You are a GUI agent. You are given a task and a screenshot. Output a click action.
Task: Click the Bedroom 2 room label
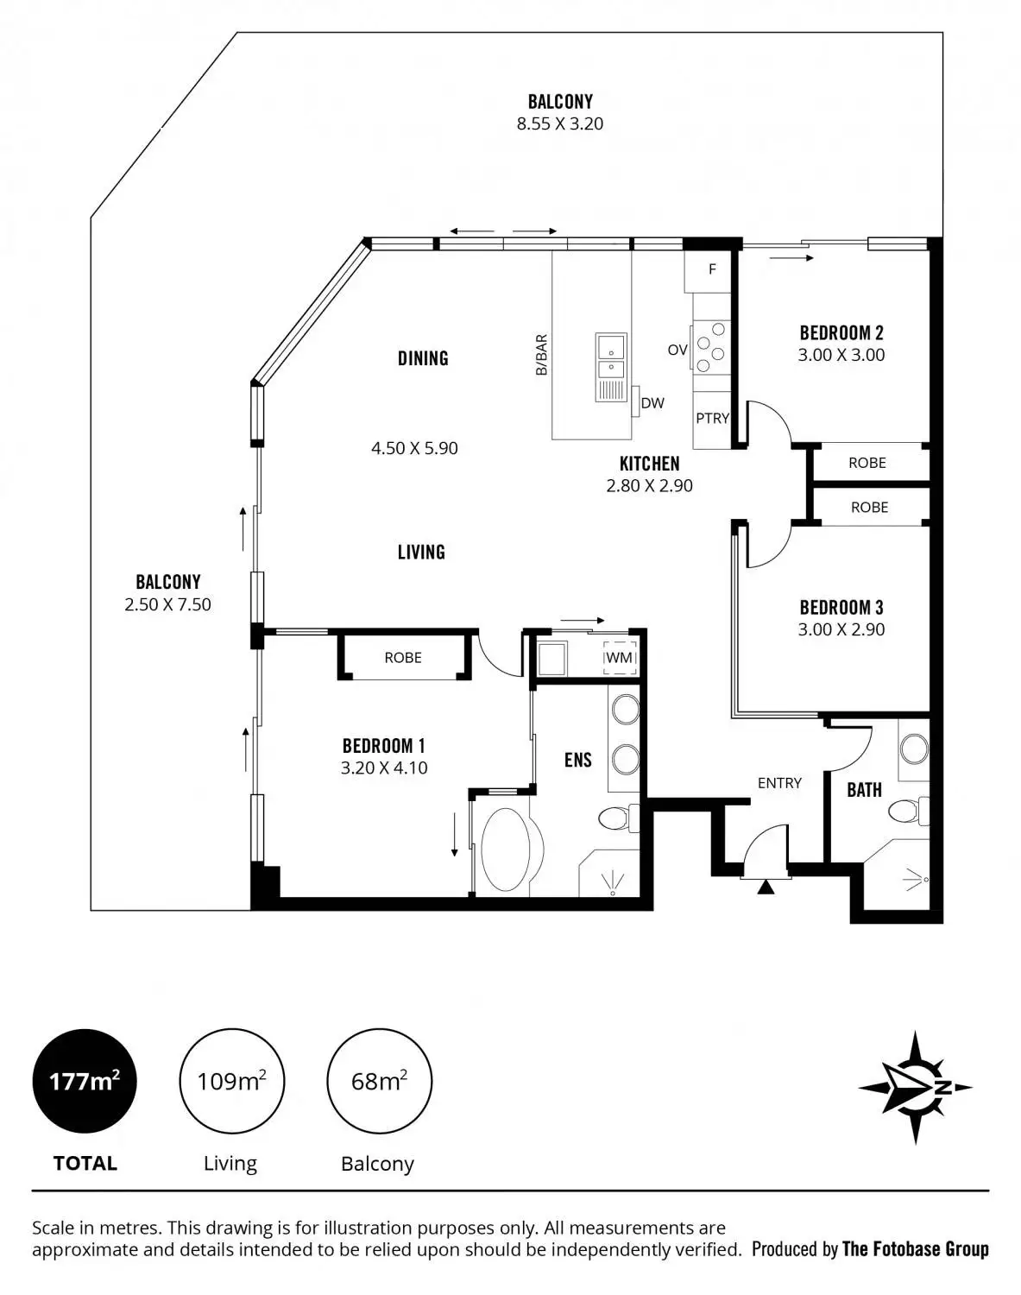(x=841, y=332)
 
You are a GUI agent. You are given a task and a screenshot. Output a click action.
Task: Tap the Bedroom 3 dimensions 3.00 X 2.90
(x=841, y=629)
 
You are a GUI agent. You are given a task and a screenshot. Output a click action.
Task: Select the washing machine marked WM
(x=619, y=657)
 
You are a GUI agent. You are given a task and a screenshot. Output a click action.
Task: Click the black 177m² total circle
(x=85, y=1081)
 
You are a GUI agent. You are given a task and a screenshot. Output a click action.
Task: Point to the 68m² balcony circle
(x=379, y=1081)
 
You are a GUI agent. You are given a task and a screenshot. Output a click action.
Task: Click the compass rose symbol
(x=916, y=1088)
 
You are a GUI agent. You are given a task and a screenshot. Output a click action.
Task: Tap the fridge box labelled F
(x=712, y=269)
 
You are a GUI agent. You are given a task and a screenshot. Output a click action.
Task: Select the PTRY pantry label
(x=712, y=418)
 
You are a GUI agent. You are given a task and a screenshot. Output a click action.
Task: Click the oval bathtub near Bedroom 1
(x=510, y=850)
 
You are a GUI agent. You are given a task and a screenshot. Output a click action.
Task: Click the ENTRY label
(x=779, y=783)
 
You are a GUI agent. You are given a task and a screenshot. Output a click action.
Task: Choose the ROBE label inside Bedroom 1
(x=403, y=658)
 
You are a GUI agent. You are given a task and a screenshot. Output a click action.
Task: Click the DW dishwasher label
(x=652, y=403)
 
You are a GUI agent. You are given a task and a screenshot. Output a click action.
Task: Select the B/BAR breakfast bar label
(x=542, y=355)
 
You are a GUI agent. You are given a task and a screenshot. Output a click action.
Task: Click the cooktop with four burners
(x=711, y=347)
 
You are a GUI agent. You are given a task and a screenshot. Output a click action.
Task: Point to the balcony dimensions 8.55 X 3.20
(x=560, y=123)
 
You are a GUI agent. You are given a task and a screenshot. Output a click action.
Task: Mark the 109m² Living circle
(x=231, y=1081)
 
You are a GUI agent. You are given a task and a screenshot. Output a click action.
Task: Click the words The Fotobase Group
(x=915, y=1248)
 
